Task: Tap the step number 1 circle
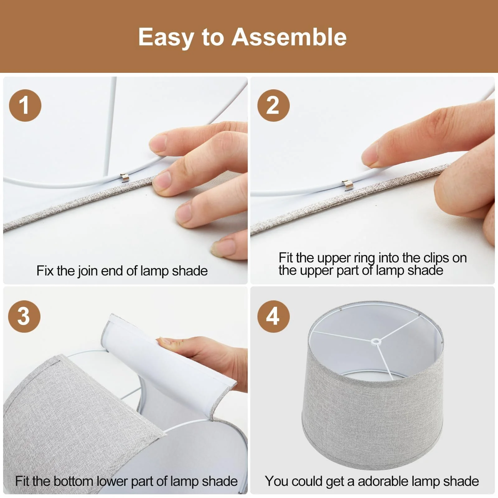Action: (x=25, y=105)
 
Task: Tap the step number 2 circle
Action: (x=273, y=105)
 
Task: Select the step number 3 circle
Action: (x=24, y=316)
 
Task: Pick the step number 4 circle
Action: (x=273, y=316)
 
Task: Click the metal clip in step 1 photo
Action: (x=125, y=178)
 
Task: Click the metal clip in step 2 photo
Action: (x=348, y=185)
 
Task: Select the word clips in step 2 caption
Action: (x=436, y=258)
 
